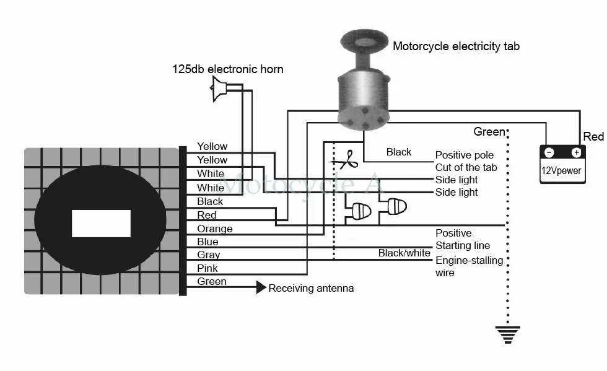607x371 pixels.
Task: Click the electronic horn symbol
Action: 219,89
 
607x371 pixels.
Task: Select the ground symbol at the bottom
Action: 507,334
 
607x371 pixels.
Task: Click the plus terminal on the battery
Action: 577,152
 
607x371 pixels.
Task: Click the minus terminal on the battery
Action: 549,152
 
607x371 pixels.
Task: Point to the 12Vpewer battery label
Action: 561,170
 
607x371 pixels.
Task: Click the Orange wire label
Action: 214,229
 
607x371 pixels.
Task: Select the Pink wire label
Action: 207,268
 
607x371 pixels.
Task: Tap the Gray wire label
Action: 208,255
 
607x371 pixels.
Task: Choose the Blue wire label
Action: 207,242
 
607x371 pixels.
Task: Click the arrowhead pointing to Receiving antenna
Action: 261,287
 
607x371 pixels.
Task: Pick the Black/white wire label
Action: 404,253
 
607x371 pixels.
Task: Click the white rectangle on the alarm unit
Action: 101,224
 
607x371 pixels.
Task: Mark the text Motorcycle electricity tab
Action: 456,46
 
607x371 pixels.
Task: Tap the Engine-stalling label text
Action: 469,260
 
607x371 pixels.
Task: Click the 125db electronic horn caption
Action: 228,69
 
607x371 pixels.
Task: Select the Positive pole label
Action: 465,155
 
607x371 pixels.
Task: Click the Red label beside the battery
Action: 593,137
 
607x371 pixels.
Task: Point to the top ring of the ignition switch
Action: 364,42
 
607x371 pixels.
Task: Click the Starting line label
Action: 463,245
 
